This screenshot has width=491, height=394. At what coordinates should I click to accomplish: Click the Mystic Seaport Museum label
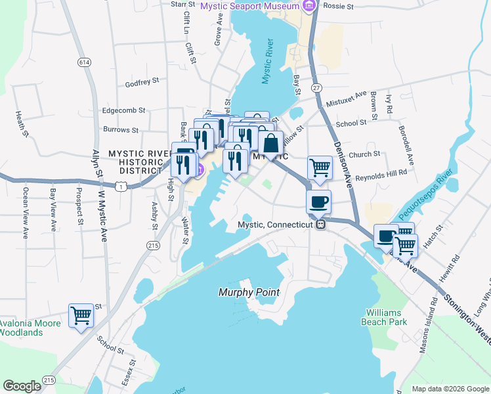click(x=250, y=6)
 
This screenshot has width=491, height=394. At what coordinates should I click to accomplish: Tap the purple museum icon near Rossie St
click(x=310, y=6)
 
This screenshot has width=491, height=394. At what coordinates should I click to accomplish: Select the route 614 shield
click(x=83, y=62)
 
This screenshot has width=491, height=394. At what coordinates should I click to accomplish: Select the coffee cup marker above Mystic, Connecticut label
click(x=319, y=202)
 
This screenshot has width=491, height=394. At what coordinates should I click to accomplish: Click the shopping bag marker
click(x=270, y=142)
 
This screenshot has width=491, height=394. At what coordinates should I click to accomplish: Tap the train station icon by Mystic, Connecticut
click(x=321, y=225)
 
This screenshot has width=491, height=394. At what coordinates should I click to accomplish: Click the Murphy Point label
click(x=249, y=292)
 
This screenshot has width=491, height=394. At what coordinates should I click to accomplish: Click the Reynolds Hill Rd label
click(x=381, y=172)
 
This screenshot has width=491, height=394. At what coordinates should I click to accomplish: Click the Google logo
click(x=22, y=386)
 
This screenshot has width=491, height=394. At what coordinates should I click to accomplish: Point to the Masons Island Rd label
click(x=434, y=322)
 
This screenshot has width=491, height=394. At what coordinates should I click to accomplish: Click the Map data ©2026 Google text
click(x=450, y=389)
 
